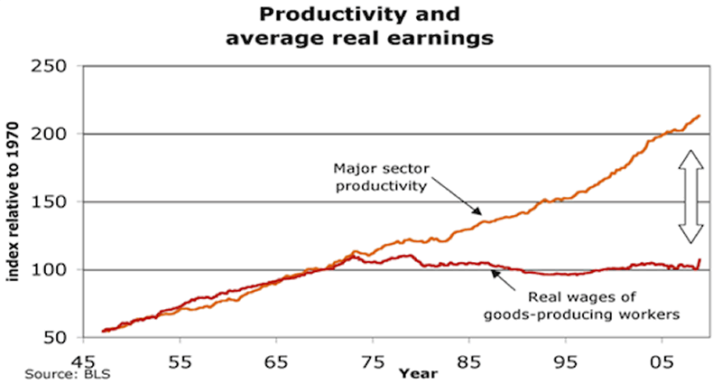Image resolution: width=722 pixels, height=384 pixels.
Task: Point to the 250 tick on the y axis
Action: [52, 67]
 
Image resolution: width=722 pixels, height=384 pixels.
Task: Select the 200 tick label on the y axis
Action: [52, 135]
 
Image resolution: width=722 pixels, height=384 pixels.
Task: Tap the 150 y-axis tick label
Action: [52, 202]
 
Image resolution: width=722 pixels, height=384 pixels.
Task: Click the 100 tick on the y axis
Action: [52, 270]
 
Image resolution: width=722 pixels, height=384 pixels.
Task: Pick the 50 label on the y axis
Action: [59, 338]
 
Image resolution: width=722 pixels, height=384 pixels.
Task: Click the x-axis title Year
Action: [419, 371]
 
